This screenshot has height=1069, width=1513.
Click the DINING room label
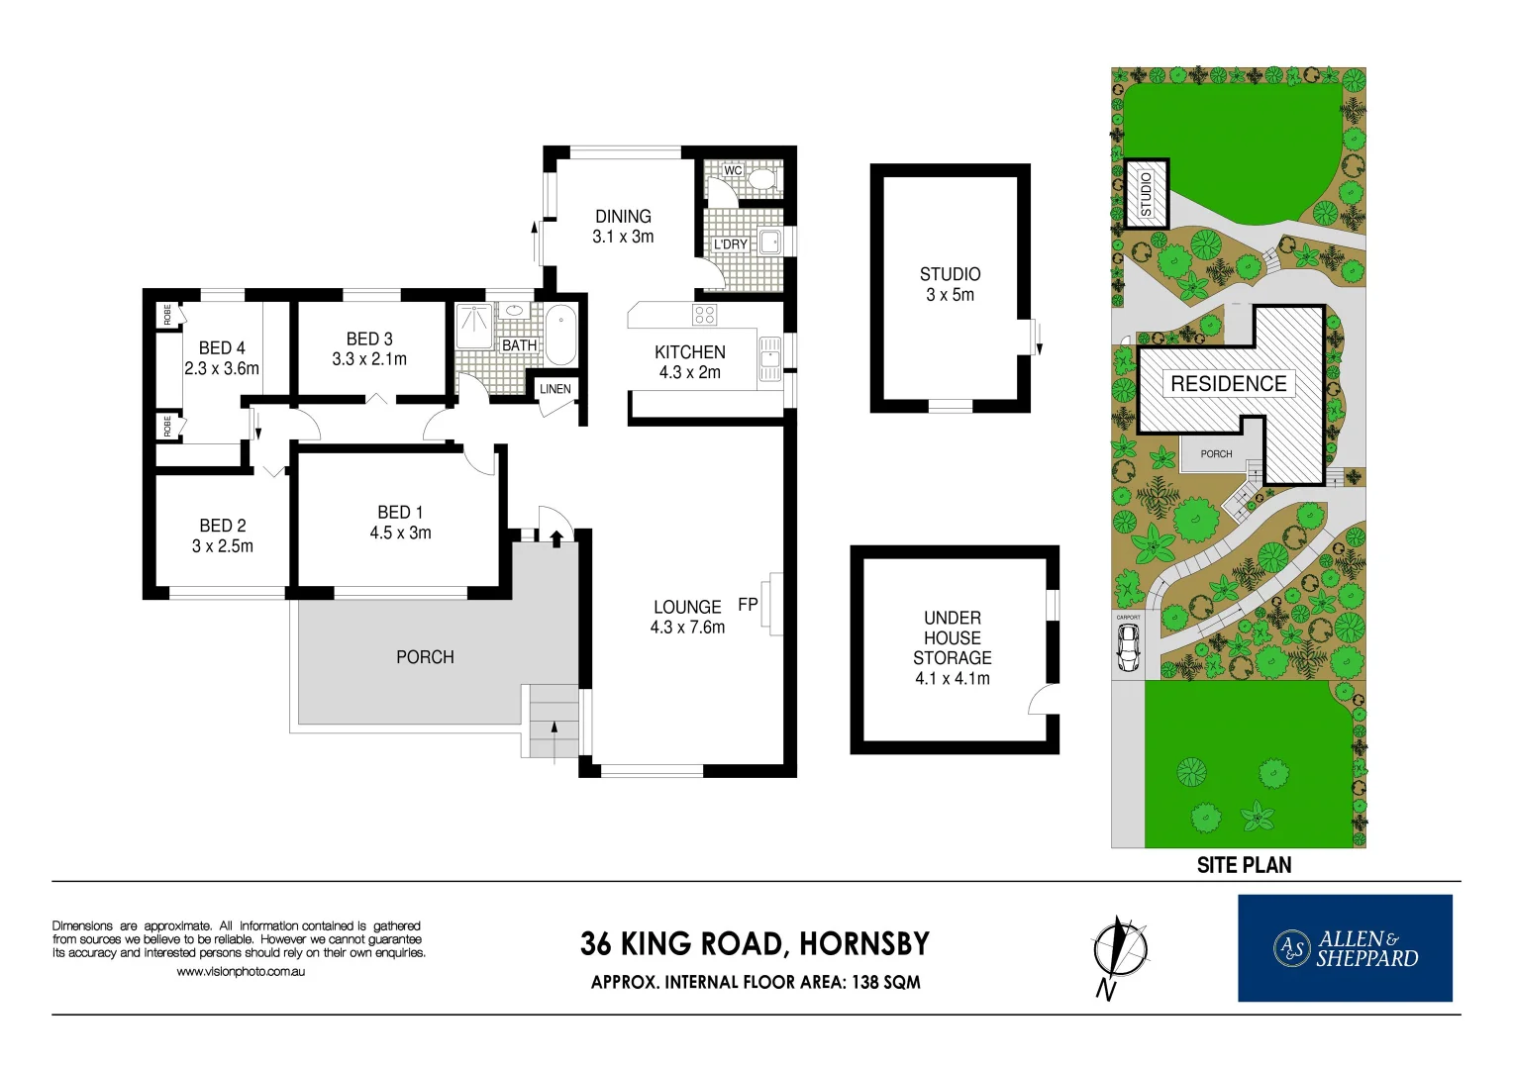point(623,216)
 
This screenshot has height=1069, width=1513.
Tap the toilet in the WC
point(760,178)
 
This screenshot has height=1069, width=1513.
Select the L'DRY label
point(731,244)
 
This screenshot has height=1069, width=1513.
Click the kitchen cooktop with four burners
point(704,315)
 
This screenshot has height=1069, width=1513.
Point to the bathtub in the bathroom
point(560,336)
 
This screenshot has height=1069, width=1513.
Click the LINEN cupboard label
point(555,389)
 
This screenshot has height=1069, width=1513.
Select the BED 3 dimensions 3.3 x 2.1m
point(369,359)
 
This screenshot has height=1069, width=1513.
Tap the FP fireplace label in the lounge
point(748,605)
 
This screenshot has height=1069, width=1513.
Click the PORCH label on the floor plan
point(425,657)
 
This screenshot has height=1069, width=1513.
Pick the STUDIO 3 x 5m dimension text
point(950,295)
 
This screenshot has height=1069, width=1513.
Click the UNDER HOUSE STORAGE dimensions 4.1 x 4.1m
point(952,679)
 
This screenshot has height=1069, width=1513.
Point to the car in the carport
point(1127,648)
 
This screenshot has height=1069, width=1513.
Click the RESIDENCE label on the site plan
point(1228,384)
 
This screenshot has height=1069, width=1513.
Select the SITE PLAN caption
point(1244,865)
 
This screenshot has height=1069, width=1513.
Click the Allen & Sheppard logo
point(1345,948)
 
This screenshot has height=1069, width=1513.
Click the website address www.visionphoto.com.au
point(241,972)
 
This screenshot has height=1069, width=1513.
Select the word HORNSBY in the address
point(863,944)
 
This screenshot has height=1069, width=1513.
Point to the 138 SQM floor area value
point(885,983)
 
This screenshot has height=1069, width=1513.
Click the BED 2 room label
point(223,526)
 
